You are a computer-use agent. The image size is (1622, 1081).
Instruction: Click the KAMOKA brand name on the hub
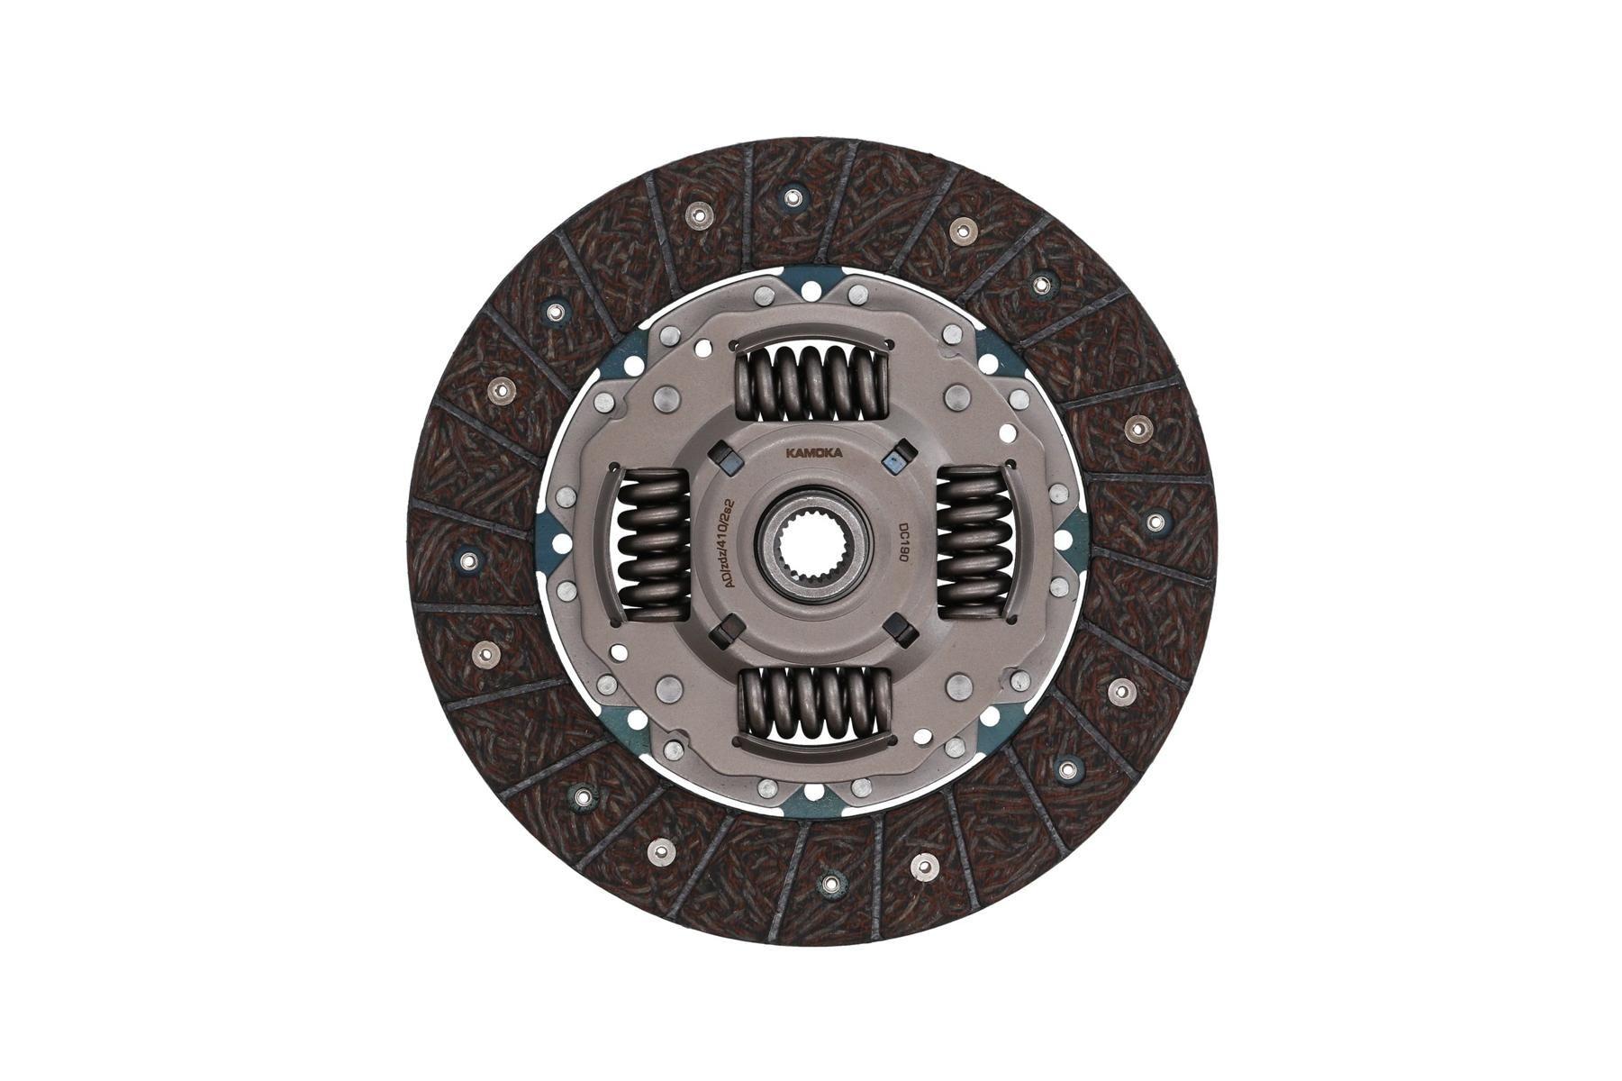click(x=812, y=454)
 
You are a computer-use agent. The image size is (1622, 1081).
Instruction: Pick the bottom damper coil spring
click(x=813, y=706)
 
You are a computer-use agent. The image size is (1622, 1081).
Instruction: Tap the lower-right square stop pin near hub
click(x=896, y=628)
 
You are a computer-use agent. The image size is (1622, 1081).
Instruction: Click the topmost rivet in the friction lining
click(x=792, y=197)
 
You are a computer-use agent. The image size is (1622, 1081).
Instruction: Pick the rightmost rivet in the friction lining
click(x=1155, y=520)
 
